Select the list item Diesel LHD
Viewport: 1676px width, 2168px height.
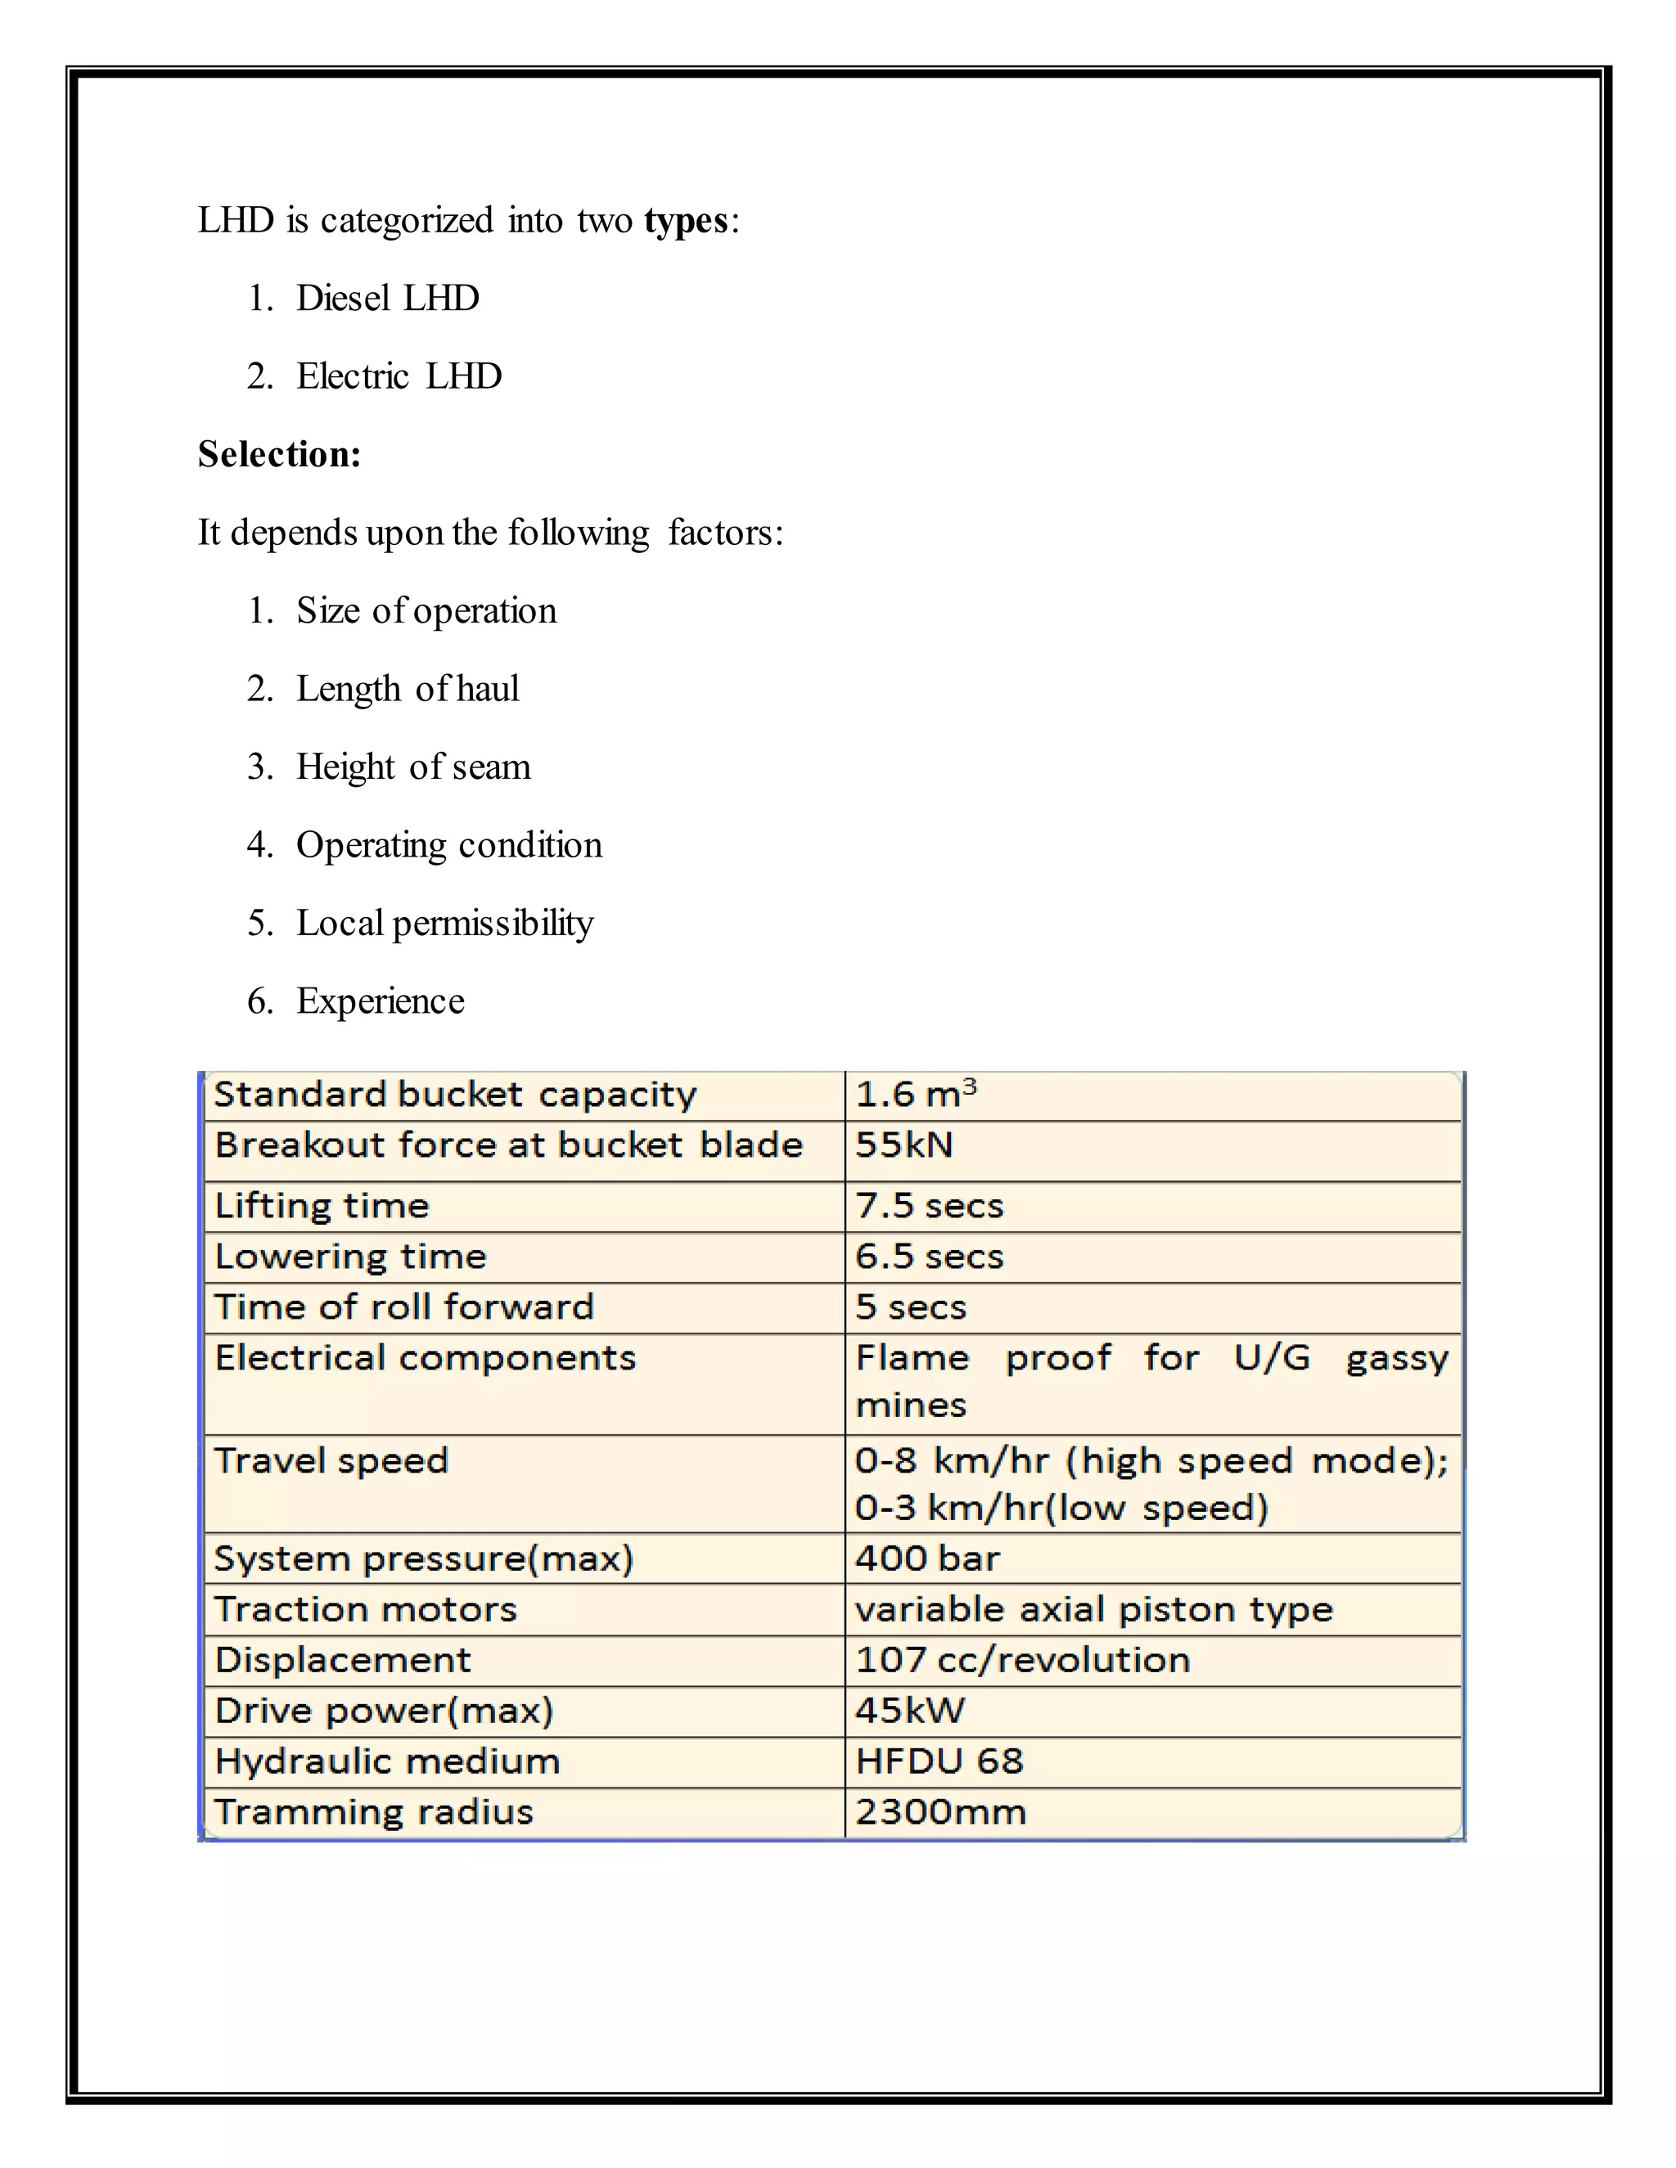387,299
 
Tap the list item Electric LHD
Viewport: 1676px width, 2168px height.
399,377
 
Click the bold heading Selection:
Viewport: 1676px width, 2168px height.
279,455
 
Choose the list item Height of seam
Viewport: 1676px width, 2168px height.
413,767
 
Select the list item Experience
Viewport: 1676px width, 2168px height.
381,1001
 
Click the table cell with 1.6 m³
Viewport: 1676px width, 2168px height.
916,1095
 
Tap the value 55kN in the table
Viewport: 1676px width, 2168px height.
903,1145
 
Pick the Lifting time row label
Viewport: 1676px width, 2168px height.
322,1206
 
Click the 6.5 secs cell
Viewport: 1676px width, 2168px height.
930,1257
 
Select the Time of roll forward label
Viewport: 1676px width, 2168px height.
404,1307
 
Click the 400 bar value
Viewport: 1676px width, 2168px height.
926,1559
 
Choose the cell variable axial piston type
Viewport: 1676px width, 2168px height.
1093,1609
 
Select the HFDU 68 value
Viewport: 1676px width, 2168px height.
939,1761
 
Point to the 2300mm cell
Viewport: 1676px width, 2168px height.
940,1811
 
